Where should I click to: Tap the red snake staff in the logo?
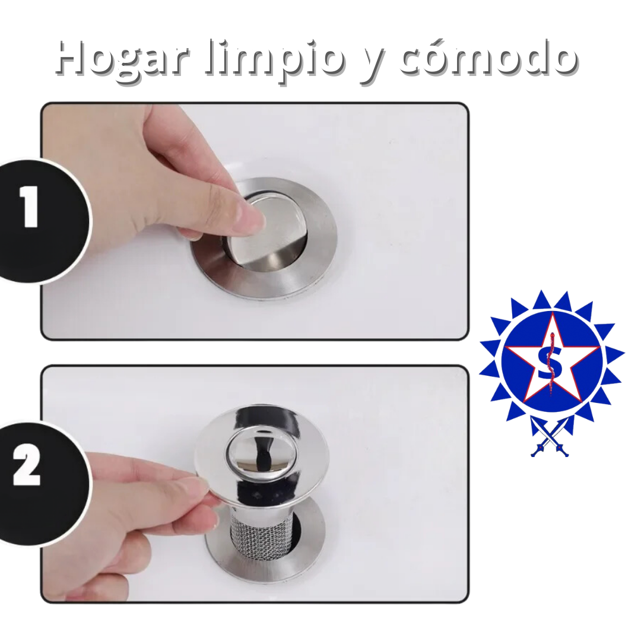tap(550, 363)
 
